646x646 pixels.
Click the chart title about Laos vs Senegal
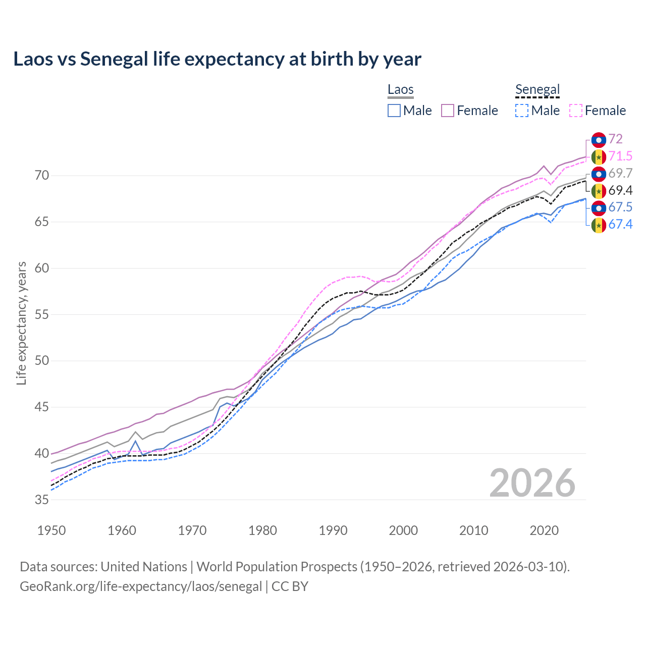click(217, 59)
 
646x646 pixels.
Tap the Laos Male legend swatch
click(394, 111)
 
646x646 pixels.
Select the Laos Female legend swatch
click(448, 111)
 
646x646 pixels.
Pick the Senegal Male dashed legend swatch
click(522, 111)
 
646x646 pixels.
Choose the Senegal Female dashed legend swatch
click(576, 111)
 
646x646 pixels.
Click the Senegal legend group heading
click(537, 90)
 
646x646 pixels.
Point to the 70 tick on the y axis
click(42, 176)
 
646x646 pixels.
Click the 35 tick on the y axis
click(42, 500)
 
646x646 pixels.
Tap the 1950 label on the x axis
click(52, 530)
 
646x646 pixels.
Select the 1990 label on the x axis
click(333, 530)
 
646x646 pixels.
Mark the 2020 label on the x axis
click(544, 530)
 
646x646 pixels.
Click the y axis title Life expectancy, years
click(21, 323)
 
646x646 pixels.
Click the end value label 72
click(615, 139)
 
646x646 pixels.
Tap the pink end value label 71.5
click(620, 156)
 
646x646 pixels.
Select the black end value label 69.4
click(620, 190)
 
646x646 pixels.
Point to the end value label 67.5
click(620, 207)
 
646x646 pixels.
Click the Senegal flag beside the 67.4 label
click(599, 225)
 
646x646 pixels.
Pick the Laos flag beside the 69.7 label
click(599, 174)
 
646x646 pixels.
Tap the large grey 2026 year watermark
click(532, 483)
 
